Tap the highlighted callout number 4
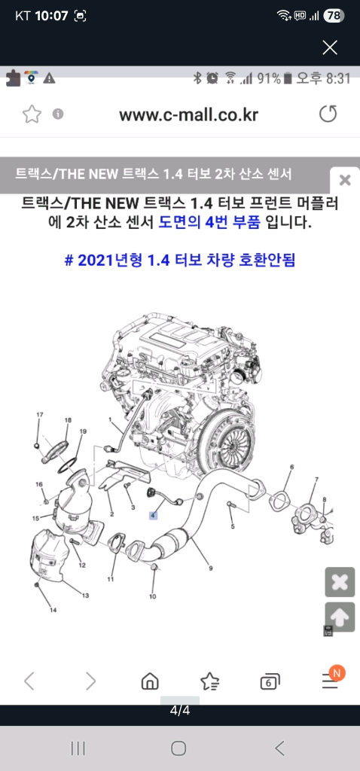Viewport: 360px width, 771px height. pos(152,516)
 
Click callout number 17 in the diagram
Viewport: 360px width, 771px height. pos(39,415)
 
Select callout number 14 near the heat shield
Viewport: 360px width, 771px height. pos(53,609)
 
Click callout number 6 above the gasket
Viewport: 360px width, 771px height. pos(291,468)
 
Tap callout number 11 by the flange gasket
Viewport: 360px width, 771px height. pos(110,579)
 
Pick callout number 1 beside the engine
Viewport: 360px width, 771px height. pos(110,419)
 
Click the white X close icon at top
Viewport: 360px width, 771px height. pos(329,47)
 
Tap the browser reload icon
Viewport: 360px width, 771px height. pos(328,114)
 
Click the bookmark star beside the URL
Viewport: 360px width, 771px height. pos(31,114)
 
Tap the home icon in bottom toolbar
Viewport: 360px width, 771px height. pos(150,682)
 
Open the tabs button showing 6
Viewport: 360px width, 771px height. pos(269,682)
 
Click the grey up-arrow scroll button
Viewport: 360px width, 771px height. pos(340,617)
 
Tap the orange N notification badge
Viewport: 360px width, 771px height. pos(337,672)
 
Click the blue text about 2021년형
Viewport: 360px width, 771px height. pos(179,261)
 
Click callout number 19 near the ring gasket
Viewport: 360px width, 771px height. pos(83,431)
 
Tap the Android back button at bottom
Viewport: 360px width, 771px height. pos(280,748)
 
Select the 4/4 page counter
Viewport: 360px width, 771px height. pos(179,710)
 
